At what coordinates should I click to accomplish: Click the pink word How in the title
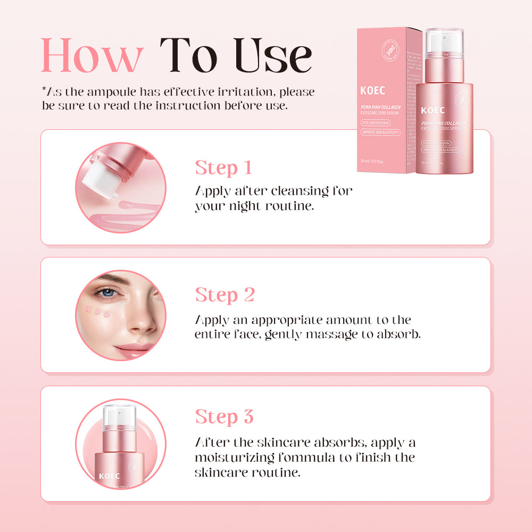(x=92, y=55)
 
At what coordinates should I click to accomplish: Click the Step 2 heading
(x=225, y=295)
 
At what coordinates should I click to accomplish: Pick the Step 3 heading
(x=224, y=417)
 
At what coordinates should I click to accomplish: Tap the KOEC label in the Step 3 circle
(x=109, y=477)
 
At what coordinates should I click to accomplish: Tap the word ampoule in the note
(x=112, y=92)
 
